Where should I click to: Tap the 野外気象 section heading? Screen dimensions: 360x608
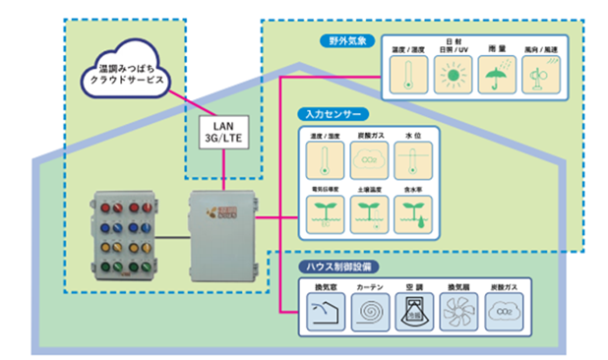click(x=347, y=40)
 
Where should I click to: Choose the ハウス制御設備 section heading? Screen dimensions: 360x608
click(x=340, y=266)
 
